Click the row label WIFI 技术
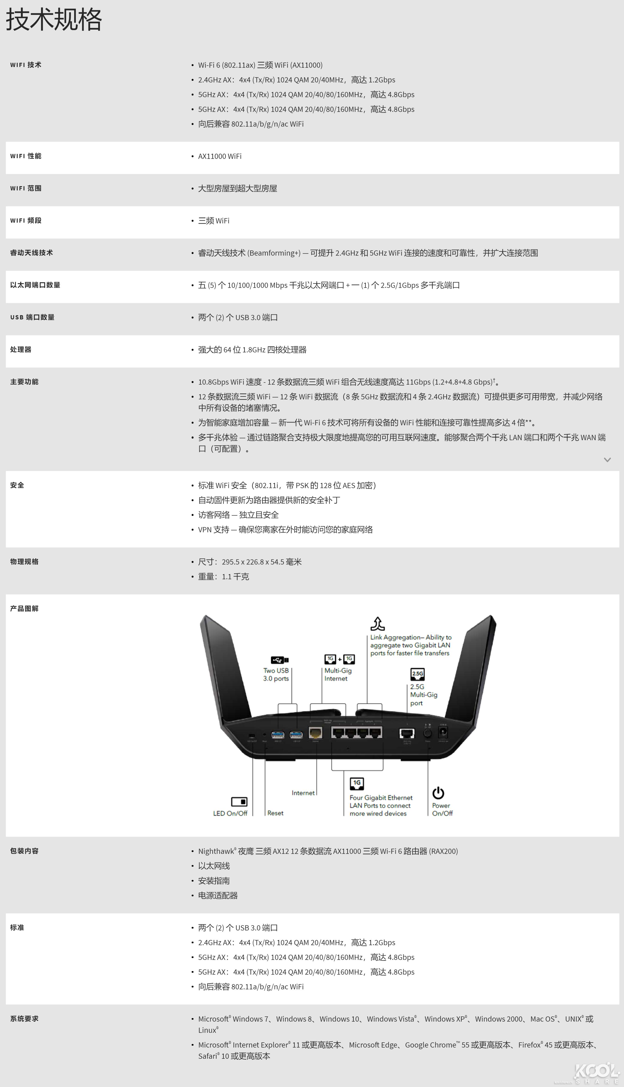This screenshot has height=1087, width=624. (x=26, y=65)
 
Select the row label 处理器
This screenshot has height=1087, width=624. (x=21, y=349)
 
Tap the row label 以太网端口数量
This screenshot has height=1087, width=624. (x=35, y=285)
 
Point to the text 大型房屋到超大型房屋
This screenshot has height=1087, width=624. (x=237, y=188)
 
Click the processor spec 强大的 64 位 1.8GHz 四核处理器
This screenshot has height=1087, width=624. (x=252, y=350)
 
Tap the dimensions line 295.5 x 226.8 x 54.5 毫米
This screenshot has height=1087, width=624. (x=250, y=562)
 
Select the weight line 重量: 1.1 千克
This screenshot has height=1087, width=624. (x=223, y=576)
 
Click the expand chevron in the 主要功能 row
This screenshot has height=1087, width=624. (x=607, y=460)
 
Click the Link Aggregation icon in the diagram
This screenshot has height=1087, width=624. (x=378, y=624)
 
